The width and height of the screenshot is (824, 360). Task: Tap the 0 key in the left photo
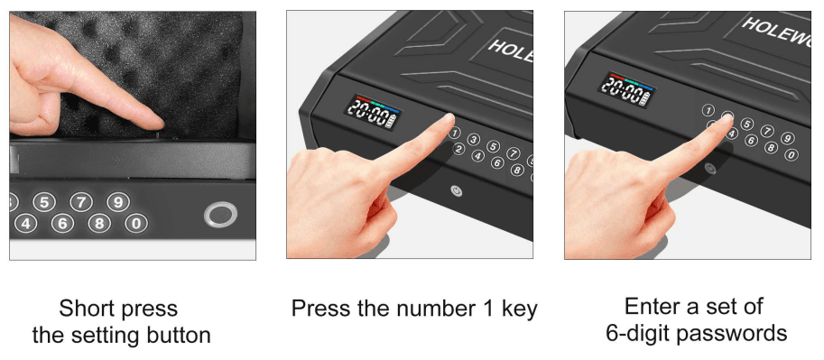click(134, 223)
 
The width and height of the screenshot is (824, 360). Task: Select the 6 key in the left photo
click(63, 223)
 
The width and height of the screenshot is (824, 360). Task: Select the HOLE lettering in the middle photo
click(510, 51)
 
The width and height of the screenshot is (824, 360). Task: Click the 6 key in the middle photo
click(497, 162)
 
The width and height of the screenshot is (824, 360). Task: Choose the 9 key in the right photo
click(787, 138)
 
